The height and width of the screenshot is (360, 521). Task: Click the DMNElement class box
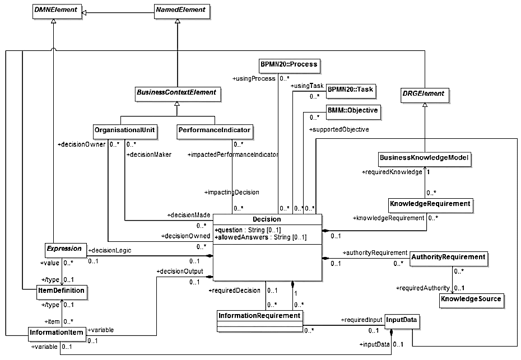pyautogui.click(x=55, y=10)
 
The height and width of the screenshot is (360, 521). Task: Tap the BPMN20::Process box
pyautogui.click(x=289, y=64)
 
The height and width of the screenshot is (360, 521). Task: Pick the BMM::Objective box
pyautogui.click(x=352, y=111)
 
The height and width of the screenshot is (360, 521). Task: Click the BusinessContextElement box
pyautogui.click(x=177, y=92)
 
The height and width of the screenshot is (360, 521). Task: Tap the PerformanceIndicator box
pyautogui.click(x=214, y=131)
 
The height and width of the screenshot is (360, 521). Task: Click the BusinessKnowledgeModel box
pyautogui.click(x=424, y=158)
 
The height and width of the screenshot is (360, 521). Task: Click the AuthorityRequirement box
pyautogui.click(x=448, y=258)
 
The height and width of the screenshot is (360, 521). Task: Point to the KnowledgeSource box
pyautogui.click(x=470, y=299)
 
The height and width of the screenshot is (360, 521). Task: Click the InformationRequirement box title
pyautogui.click(x=259, y=316)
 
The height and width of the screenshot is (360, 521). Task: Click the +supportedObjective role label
pyautogui.click(x=339, y=130)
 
